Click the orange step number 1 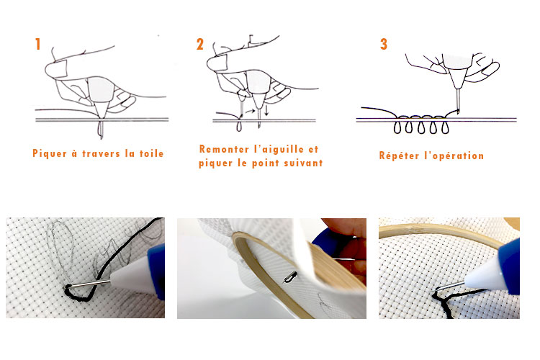(37, 44)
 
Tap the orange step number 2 (199, 44)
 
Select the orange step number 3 (384, 44)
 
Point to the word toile (151, 153)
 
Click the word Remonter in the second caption (222, 149)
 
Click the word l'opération (454, 156)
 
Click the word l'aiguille (279, 149)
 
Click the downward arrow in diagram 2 (266, 111)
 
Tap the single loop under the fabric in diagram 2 (239, 127)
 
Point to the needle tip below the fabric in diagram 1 (101, 137)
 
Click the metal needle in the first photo (89, 284)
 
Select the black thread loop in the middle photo (291, 277)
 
